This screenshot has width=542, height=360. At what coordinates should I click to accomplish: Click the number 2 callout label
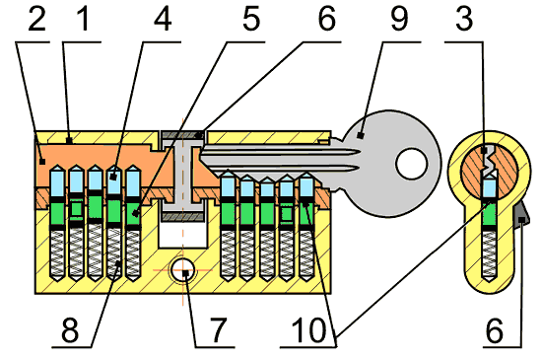(37, 19)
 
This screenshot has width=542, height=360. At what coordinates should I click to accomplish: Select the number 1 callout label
(84, 19)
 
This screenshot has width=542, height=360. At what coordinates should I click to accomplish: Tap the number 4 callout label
(163, 19)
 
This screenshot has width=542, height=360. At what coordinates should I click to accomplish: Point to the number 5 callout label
(251, 19)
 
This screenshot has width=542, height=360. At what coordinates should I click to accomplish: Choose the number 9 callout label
(399, 19)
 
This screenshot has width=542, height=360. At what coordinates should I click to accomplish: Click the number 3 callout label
(464, 19)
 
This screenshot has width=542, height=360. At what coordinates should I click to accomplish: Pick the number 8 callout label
(70, 330)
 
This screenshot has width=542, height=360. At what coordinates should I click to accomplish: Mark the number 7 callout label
(218, 330)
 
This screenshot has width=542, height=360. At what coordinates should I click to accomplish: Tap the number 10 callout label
(308, 330)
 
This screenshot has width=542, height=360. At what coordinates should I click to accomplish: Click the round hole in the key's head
(412, 164)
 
